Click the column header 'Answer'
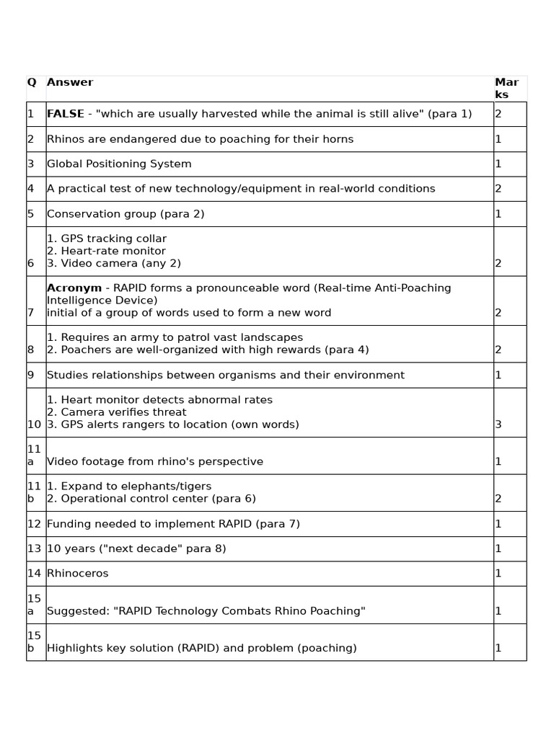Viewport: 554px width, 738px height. point(70,83)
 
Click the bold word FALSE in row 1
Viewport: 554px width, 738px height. point(65,114)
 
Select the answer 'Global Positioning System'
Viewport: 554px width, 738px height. point(119,164)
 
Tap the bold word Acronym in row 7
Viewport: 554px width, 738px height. point(74,288)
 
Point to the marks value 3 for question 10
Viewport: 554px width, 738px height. point(498,424)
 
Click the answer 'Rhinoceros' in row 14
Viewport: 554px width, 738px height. point(78,574)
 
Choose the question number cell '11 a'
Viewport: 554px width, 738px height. point(34,455)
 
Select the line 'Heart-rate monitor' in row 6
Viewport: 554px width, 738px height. point(106,251)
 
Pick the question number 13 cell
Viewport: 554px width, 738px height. point(34,548)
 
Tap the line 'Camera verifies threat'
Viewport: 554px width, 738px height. point(117,412)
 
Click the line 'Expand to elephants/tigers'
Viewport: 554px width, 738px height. point(129,486)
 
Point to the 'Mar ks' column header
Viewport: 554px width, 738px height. point(506,89)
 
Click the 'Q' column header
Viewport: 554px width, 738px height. point(32,83)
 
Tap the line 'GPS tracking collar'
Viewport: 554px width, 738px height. point(107,239)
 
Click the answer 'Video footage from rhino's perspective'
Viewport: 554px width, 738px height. point(155,461)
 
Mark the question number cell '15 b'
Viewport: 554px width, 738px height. point(34,641)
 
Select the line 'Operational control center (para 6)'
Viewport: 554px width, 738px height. point(151,499)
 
